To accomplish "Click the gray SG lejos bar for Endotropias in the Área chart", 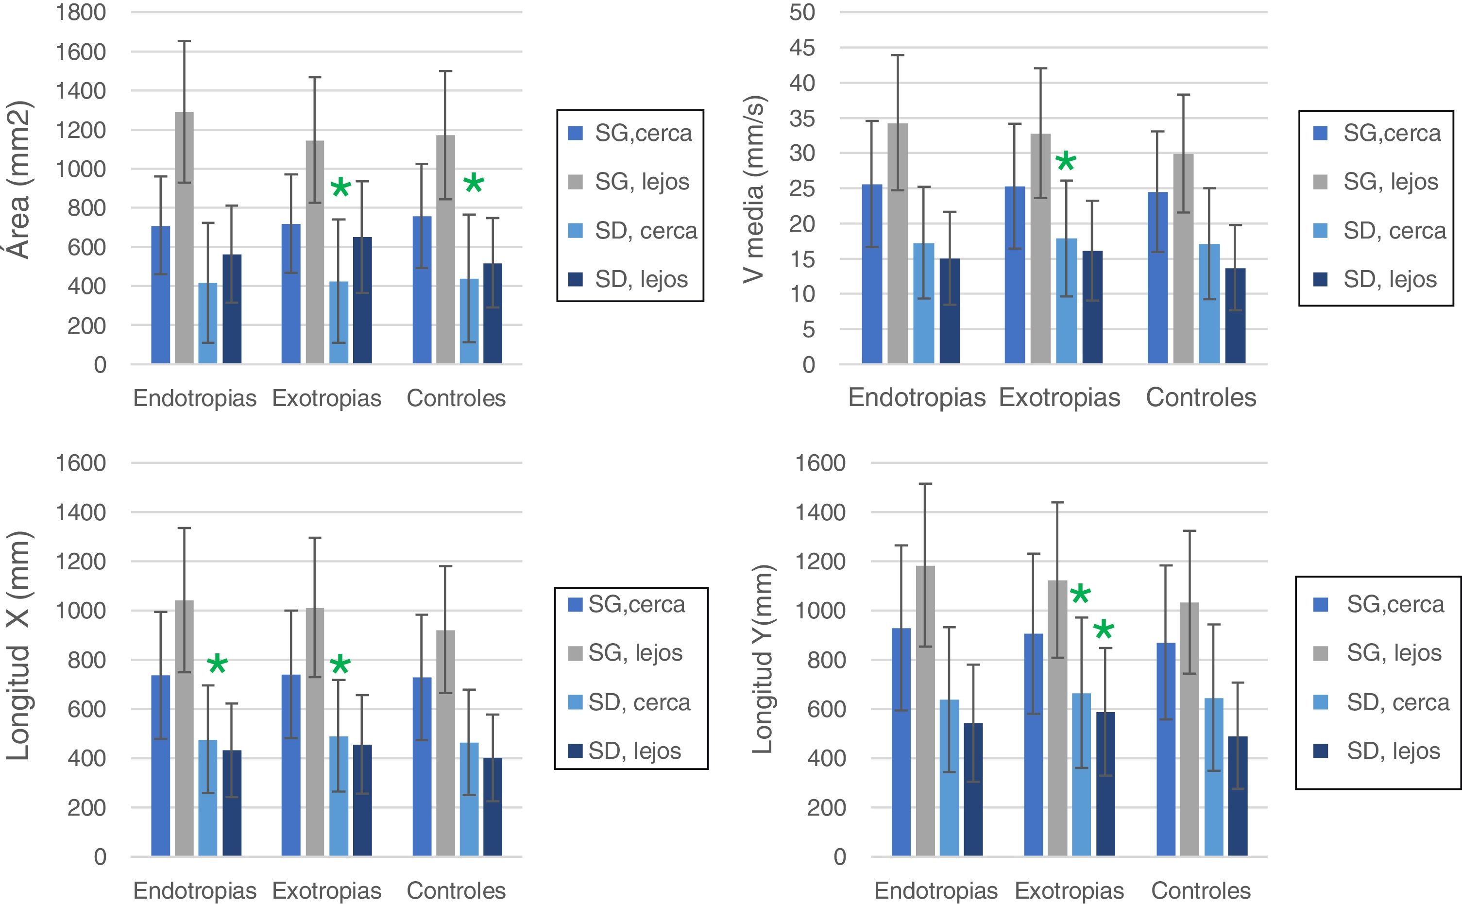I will [x=184, y=239].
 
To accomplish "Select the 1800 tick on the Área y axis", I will [x=80, y=12].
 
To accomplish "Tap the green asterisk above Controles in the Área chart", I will [x=474, y=184].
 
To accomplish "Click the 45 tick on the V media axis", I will [x=802, y=48].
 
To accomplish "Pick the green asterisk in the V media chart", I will [x=1066, y=162].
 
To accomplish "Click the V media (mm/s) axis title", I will [x=754, y=188].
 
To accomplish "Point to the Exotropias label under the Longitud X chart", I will [x=326, y=891].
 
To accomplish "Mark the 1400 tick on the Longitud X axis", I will [x=80, y=512].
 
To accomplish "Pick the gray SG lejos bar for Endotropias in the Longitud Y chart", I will [x=925, y=712].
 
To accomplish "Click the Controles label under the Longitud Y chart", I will [x=1201, y=891].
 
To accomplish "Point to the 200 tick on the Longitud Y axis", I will [x=826, y=808].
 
